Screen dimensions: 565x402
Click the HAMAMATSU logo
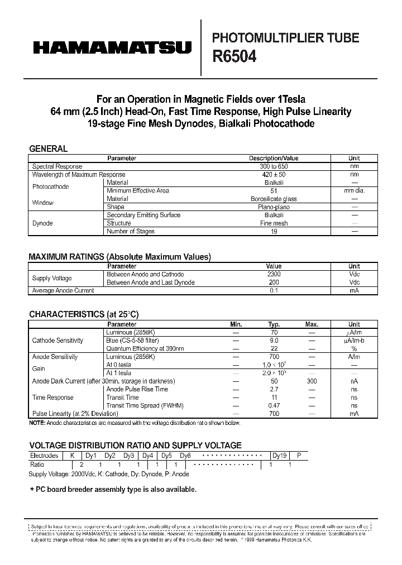click(x=112, y=49)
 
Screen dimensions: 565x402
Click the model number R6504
click(x=234, y=56)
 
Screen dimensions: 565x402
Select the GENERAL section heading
click(x=48, y=149)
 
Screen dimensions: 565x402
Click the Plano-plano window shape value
click(x=274, y=207)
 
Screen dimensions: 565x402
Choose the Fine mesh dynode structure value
click(x=274, y=223)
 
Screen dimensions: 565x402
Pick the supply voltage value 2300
click(x=274, y=275)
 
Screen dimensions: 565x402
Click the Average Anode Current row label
click(x=63, y=290)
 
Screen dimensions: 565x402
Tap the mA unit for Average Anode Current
click(x=354, y=290)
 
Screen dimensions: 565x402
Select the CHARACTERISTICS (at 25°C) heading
click(x=84, y=314)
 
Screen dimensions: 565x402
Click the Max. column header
click(x=312, y=324)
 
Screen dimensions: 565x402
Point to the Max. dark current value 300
click(x=312, y=381)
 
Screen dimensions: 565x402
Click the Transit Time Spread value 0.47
click(x=274, y=405)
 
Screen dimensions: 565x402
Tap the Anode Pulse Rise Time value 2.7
click(x=274, y=389)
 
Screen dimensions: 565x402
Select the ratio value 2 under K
click(x=82, y=465)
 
